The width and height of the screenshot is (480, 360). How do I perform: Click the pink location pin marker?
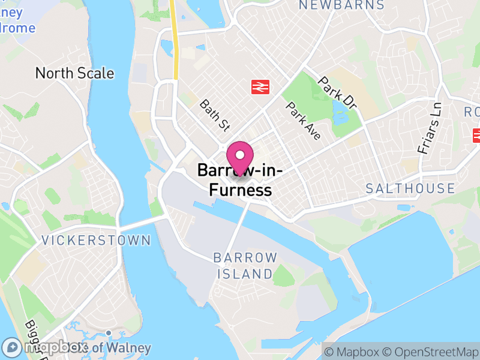click(x=240, y=157)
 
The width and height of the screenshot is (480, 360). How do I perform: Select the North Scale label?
click(x=74, y=73)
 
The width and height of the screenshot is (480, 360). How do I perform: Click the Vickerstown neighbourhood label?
click(x=96, y=241)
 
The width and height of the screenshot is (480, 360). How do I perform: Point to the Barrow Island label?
click(x=245, y=266)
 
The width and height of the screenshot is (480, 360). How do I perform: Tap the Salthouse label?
click(x=410, y=188)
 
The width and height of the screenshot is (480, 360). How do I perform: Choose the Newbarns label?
click(x=341, y=5)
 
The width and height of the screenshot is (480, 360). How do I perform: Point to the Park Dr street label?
click(x=337, y=92)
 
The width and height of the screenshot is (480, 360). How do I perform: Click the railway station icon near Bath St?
click(x=259, y=87)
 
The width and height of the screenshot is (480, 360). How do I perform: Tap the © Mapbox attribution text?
click(x=352, y=351)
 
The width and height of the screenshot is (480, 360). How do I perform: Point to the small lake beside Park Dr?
click(x=340, y=109)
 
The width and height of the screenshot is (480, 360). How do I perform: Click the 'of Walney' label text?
click(x=123, y=347)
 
